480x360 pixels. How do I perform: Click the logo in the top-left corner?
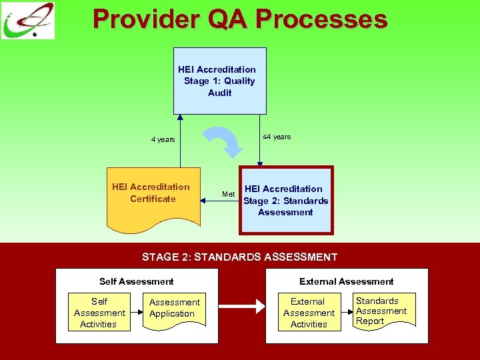point(28,21)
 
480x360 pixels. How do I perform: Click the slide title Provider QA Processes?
point(240,19)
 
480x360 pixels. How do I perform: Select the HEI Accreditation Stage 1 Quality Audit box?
point(219,81)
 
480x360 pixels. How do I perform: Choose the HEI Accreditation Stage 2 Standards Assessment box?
point(286,200)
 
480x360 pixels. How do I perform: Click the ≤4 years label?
point(276,137)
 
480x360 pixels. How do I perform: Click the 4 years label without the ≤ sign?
point(163,139)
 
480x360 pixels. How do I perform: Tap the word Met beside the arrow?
point(228,195)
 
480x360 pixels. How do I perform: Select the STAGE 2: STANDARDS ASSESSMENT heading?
point(240,257)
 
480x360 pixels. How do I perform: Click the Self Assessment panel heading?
point(136,281)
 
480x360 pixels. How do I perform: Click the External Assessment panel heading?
point(346,281)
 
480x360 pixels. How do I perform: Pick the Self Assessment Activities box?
point(99,313)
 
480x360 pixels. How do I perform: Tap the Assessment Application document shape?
point(174,309)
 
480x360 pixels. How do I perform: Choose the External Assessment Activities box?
point(309,313)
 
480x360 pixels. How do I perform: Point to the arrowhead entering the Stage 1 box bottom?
point(179,118)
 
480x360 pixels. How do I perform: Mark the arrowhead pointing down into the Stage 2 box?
point(259,162)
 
